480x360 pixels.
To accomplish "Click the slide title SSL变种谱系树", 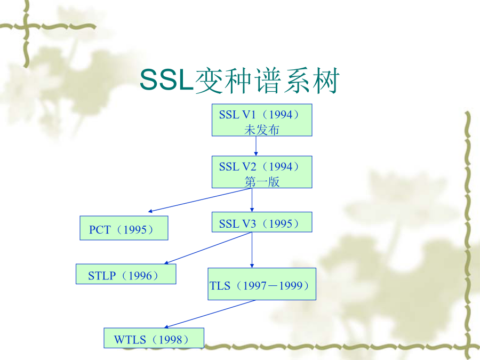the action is click(x=239, y=80).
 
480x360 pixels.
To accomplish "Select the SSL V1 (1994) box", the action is click(x=262, y=120).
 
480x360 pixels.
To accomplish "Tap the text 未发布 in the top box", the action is click(x=262, y=130).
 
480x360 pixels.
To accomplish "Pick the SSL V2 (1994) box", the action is click(x=262, y=172).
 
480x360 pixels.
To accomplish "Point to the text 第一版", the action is click(x=262, y=182).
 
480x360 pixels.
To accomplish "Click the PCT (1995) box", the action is click(x=124, y=228).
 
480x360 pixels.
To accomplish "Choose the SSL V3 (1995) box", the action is click(x=262, y=222).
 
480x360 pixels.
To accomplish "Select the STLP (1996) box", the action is click(x=126, y=274).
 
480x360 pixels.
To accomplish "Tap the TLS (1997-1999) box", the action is click(x=262, y=284).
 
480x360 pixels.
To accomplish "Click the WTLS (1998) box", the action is click(x=154, y=338).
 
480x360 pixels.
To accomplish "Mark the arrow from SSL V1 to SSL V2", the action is click(x=256, y=146).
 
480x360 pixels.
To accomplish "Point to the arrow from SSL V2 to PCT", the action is click(x=200, y=200).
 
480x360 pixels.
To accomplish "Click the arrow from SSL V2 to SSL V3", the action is click(x=252, y=200).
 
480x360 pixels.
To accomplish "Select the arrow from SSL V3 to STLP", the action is click(x=208, y=248).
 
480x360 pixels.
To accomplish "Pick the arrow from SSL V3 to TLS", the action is click(x=252, y=250).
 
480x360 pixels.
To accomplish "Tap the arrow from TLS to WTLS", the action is click(x=210, y=314).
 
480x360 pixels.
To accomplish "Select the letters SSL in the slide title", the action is click(x=167, y=80).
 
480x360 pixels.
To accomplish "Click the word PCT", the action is click(x=100, y=229).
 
